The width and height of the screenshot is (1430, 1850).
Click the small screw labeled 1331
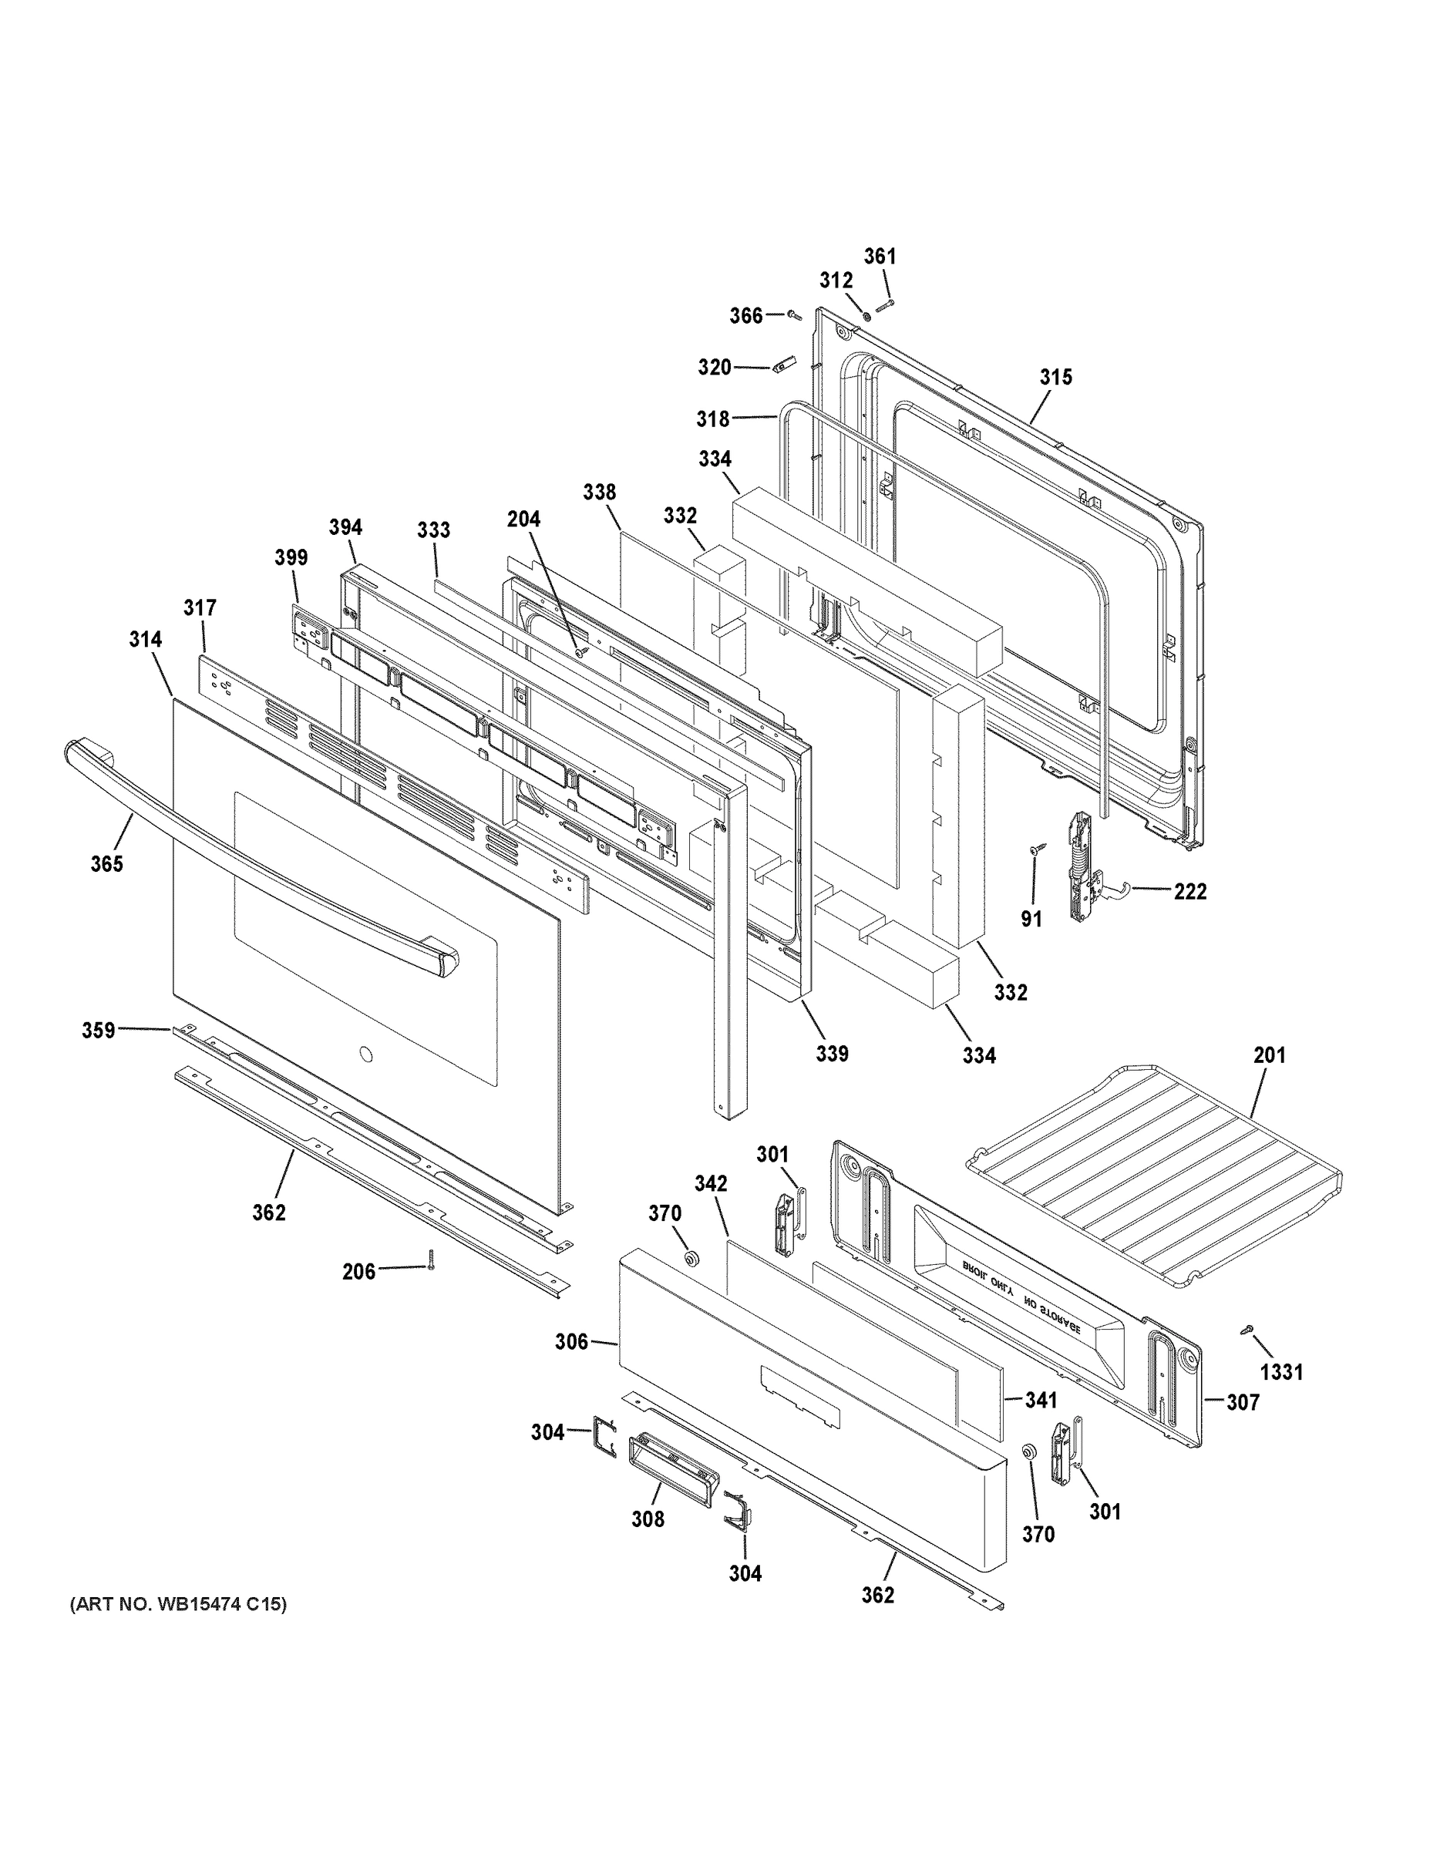point(1247,1330)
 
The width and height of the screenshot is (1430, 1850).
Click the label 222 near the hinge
point(1189,891)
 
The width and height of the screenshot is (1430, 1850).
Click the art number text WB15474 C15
point(178,1603)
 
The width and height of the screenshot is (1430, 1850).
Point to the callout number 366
point(746,316)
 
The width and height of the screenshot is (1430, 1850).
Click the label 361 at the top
point(880,256)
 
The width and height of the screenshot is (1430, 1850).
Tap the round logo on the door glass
point(365,1054)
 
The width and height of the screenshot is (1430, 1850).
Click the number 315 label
point(1055,377)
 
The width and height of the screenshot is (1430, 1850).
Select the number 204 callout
point(523,519)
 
